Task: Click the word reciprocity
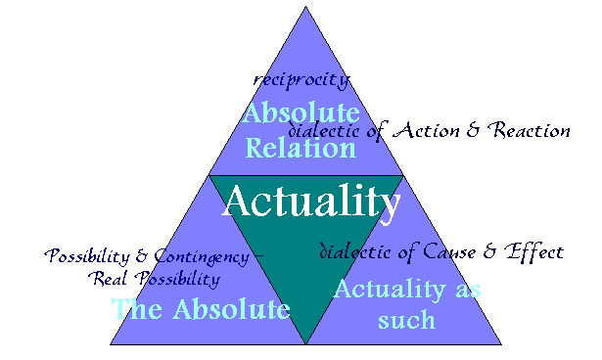coord(301,78)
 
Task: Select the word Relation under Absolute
coord(301,149)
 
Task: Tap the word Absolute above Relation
coord(301,113)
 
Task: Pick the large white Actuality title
coord(311,202)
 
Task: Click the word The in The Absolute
coord(134,310)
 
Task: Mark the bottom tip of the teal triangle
coord(305,342)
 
